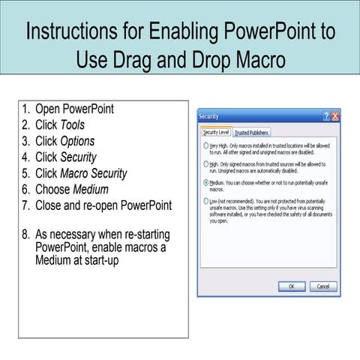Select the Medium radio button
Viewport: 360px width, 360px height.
point(206,182)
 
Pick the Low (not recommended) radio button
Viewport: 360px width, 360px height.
point(206,202)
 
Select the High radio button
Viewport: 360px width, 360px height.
point(206,163)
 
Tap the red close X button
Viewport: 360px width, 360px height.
point(334,117)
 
